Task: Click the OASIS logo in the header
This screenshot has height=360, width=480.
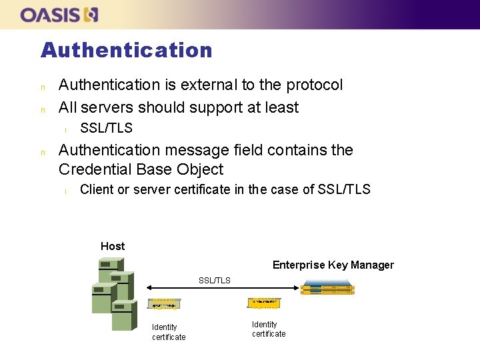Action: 59,15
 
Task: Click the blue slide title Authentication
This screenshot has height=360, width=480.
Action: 126,50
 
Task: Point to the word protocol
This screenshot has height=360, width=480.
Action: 314,85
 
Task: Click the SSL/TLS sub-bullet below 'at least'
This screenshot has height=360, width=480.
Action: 106,128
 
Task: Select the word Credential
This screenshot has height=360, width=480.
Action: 99,169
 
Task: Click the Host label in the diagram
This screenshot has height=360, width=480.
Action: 113,246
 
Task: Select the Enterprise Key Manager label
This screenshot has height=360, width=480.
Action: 333,265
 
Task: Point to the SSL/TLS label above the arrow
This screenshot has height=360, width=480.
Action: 214,281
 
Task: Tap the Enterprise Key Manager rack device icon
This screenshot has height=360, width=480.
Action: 327,288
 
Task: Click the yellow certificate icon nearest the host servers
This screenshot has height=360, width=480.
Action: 163,303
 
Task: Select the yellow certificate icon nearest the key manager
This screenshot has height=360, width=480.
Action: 264,303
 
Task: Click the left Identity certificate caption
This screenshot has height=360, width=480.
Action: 168,332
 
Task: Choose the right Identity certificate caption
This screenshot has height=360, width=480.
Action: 269,329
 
